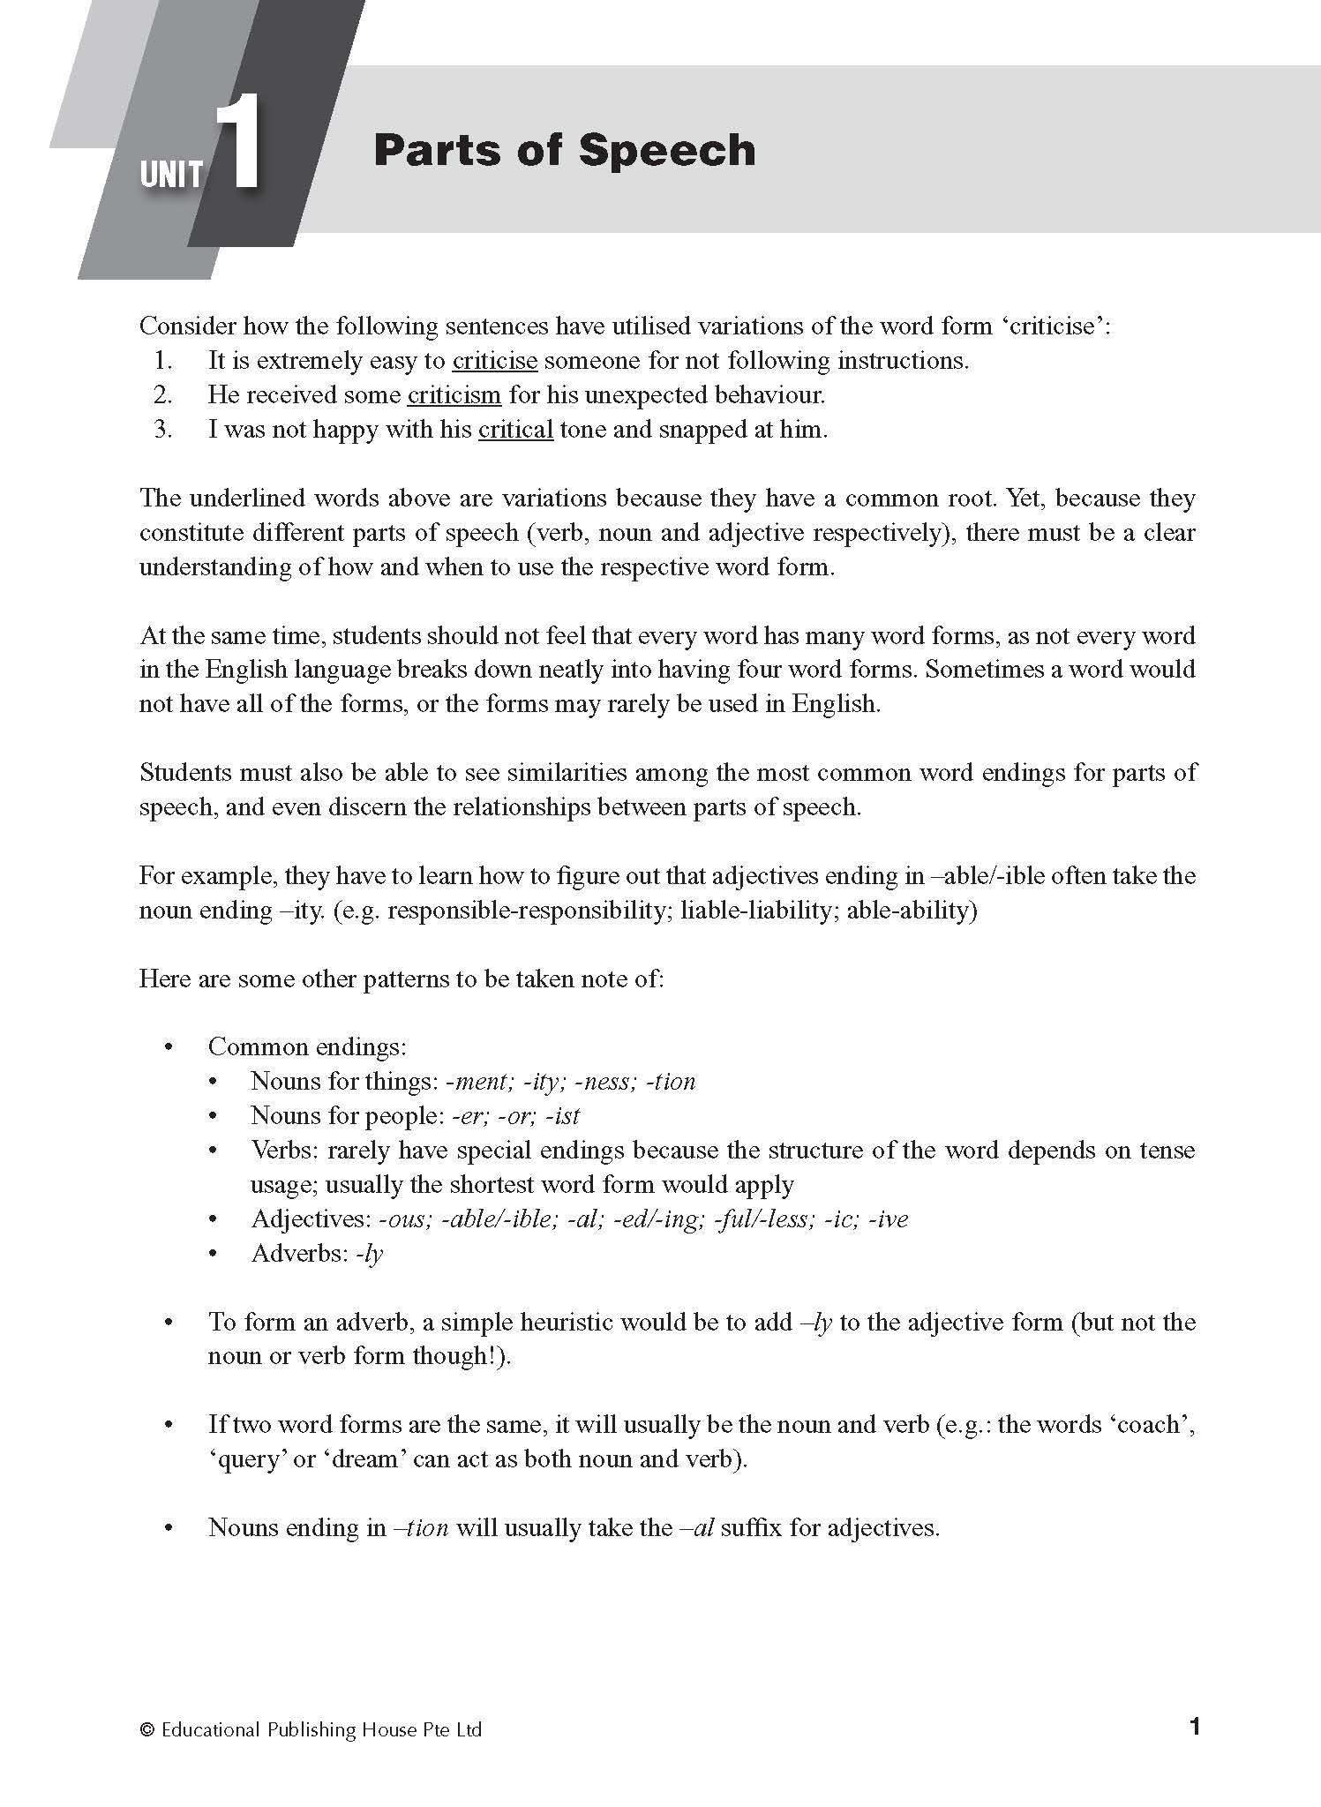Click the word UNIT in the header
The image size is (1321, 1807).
coord(171,174)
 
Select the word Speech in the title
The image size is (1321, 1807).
coord(668,150)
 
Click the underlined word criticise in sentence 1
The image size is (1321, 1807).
coord(494,361)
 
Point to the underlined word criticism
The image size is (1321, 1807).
coord(454,395)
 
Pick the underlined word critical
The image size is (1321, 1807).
coord(515,430)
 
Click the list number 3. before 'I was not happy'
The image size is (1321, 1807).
coord(162,430)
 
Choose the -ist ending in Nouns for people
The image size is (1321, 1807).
coord(562,1116)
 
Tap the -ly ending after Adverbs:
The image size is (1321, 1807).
coord(370,1254)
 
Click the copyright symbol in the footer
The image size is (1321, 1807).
coord(147,1730)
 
